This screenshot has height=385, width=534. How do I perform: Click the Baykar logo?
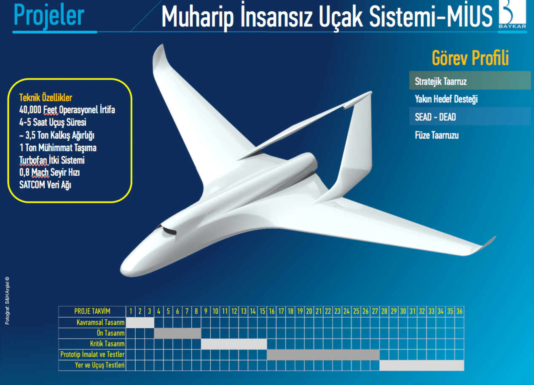point(513,14)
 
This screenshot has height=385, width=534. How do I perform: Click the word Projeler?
point(49,16)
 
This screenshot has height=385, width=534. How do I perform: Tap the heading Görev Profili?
point(470,58)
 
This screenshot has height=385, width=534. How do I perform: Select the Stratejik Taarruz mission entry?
point(440,81)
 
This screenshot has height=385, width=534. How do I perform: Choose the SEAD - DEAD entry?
point(435,117)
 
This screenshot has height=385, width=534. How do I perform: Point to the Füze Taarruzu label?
point(437,135)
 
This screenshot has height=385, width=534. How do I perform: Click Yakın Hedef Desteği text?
point(446,99)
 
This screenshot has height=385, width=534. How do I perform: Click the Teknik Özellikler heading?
point(46,97)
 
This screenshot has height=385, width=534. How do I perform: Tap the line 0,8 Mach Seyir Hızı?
point(50,172)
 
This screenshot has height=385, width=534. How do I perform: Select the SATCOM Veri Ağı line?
point(45,185)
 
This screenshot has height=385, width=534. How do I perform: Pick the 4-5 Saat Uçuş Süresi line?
point(53,122)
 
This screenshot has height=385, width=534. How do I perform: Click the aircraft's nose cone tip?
point(121,272)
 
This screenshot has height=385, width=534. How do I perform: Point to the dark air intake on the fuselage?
point(169,230)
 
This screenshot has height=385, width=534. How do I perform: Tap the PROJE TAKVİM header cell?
point(92,311)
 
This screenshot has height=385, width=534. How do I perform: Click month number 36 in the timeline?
point(459,311)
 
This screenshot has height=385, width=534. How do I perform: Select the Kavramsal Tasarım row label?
point(100,322)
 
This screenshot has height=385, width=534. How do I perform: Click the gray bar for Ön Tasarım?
point(177,333)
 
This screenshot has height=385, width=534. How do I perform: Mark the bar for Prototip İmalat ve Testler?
point(323,355)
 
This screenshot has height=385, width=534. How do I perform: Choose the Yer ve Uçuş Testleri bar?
point(422,365)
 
